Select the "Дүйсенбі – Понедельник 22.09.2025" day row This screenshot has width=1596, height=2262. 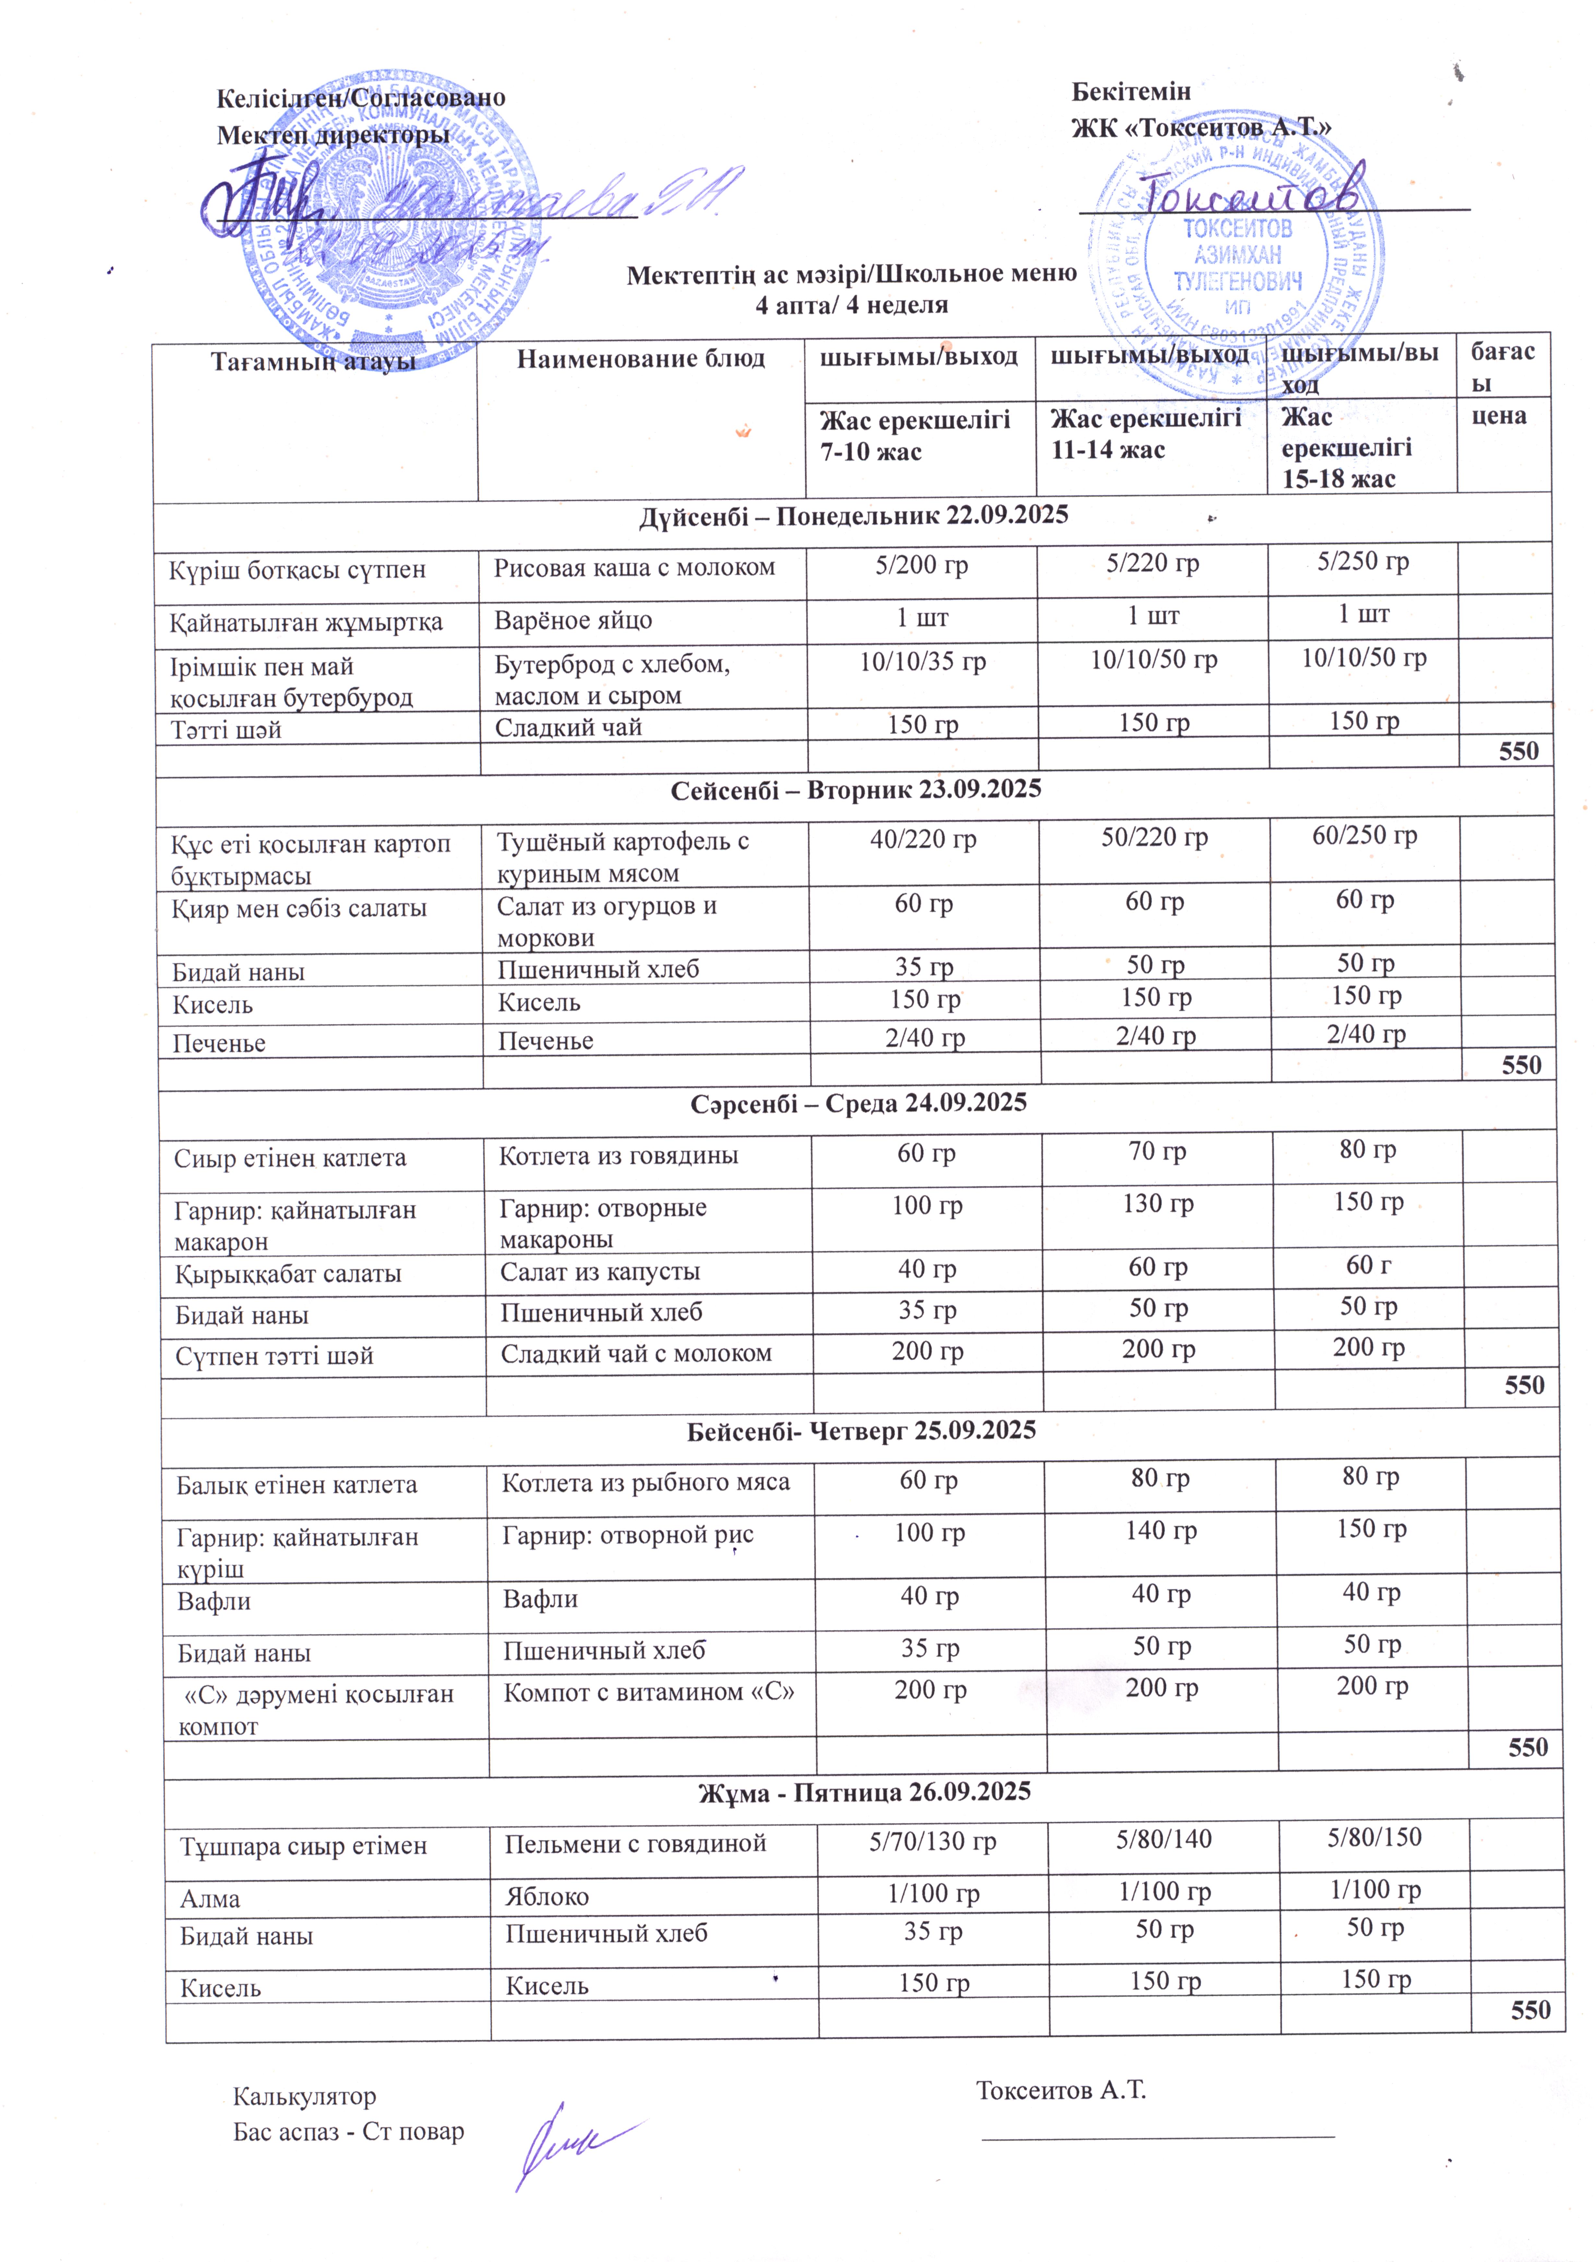click(x=853, y=515)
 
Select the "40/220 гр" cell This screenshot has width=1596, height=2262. click(x=923, y=839)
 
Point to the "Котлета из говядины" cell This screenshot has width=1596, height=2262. click(x=619, y=1156)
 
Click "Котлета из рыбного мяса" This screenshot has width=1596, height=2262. click(x=645, y=1483)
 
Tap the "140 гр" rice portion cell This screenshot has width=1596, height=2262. click(x=1160, y=1530)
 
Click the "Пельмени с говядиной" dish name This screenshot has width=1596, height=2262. click(x=635, y=1843)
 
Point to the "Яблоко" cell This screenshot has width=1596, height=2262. click(x=547, y=1897)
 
